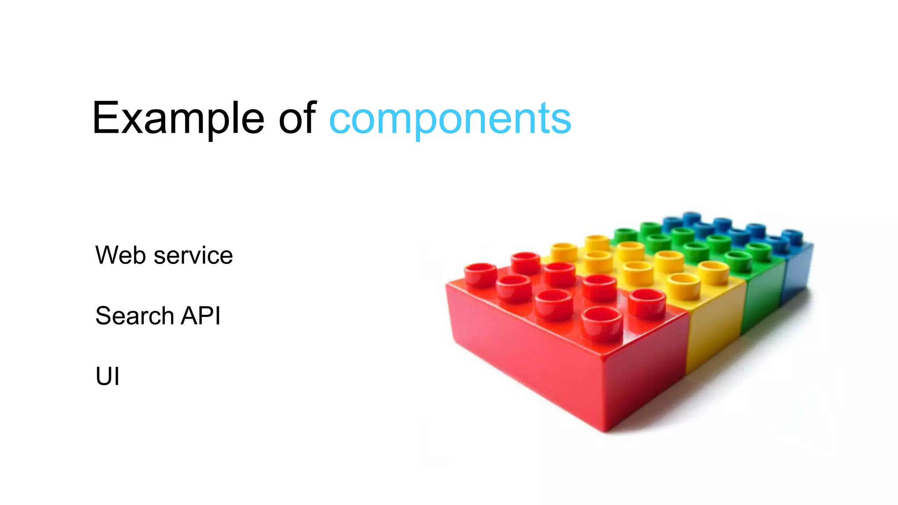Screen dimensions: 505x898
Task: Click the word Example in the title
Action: (178, 118)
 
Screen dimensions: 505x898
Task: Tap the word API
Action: (200, 316)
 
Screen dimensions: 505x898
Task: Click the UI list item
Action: (107, 376)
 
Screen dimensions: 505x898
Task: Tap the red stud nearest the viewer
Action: (602, 324)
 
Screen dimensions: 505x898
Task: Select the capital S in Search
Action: (104, 316)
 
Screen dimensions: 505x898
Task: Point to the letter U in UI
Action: (103, 376)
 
